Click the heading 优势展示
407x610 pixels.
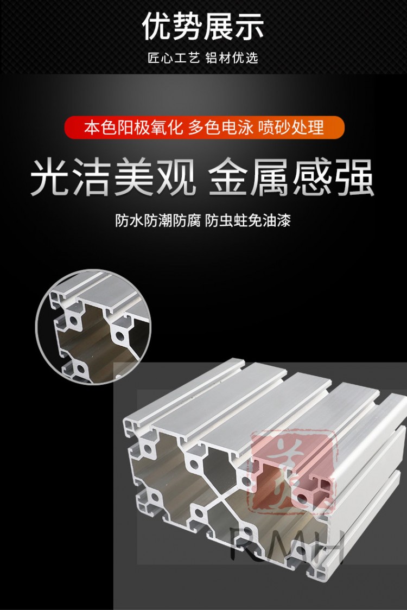click(203, 26)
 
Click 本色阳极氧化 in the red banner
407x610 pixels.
click(134, 128)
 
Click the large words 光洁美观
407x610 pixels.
click(113, 177)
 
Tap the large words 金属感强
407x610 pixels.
click(292, 177)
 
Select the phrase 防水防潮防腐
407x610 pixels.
click(158, 221)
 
